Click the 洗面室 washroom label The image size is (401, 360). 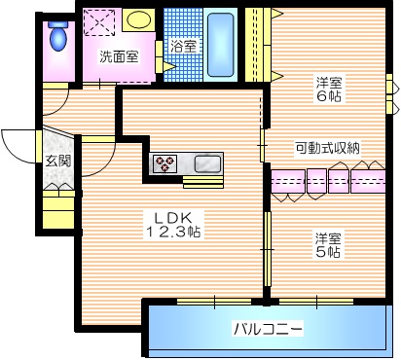[x=118, y=56]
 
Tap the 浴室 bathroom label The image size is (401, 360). [x=183, y=46]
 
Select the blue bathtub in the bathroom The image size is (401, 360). [x=223, y=44]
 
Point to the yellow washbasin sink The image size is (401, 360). [x=139, y=19]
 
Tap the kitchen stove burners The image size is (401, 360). [x=164, y=162]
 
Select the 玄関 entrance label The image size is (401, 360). [x=56, y=162]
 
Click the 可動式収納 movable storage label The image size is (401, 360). [x=328, y=149]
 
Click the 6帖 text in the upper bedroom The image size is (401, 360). [x=328, y=96]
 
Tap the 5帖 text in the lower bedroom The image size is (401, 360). [x=328, y=253]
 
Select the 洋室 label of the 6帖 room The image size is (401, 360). [x=328, y=81]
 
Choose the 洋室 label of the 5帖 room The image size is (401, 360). [x=328, y=237]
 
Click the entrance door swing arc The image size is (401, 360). [x=18, y=146]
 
